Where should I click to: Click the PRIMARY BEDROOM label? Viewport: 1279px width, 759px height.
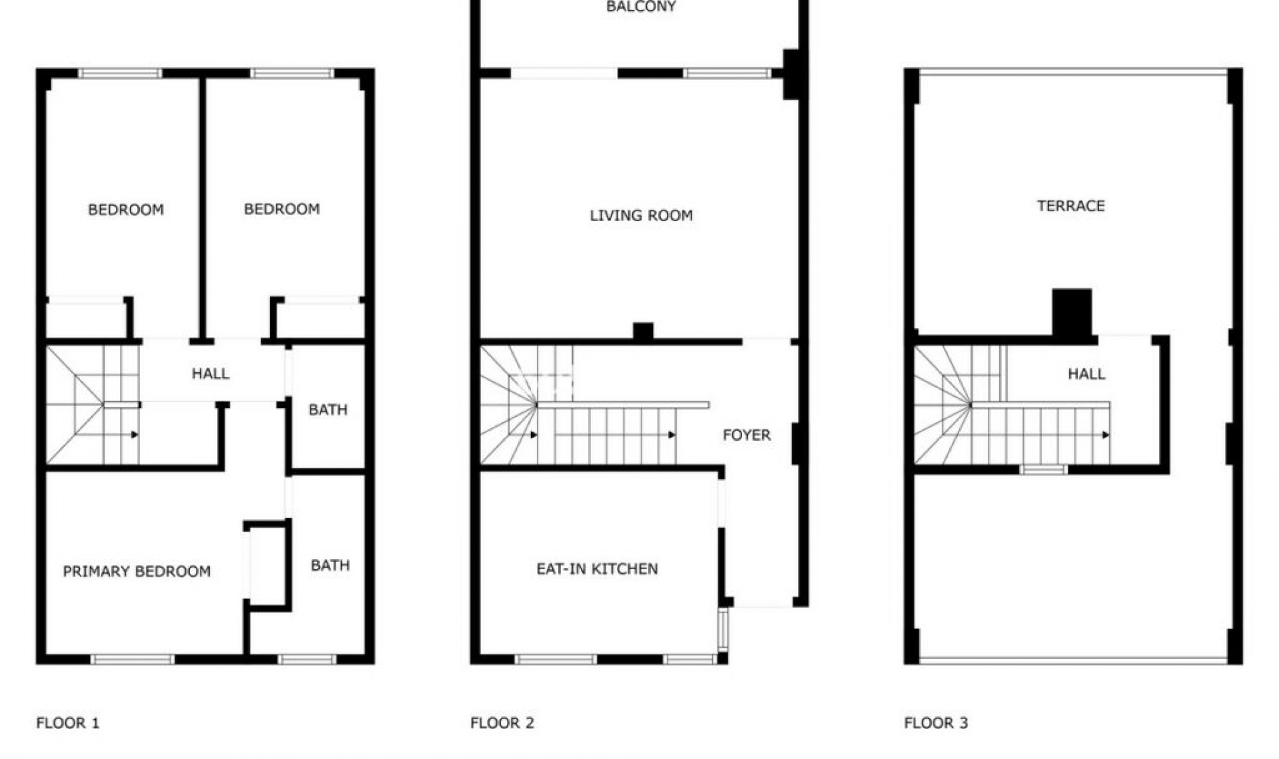point(137,571)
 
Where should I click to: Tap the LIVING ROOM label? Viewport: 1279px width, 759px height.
point(641,215)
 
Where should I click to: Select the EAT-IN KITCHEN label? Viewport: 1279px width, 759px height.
point(597,569)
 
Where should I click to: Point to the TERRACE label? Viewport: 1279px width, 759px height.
point(1070,206)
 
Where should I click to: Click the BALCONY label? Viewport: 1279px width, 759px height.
point(641,7)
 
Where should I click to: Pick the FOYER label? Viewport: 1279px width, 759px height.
point(746,435)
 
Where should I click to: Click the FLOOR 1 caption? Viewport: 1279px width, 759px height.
point(67,722)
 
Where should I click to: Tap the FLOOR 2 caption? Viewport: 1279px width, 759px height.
point(502,722)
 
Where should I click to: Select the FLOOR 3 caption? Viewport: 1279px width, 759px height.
point(935,722)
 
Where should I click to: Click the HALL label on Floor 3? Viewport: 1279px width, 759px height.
point(1086,374)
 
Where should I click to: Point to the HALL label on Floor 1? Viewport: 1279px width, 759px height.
point(211,374)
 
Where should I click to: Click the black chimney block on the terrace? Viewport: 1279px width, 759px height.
point(1071,312)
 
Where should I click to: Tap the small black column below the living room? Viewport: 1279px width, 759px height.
point(643,331)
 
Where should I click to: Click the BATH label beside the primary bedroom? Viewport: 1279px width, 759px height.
point(330,565)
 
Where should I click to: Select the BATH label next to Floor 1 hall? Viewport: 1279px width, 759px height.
point(328,409)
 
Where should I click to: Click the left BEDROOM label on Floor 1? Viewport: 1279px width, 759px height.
point(126,210)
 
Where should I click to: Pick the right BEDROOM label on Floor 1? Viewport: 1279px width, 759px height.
point(281,209)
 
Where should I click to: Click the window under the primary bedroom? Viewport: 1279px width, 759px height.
point(133,659)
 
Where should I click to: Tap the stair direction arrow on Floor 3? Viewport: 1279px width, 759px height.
point(1106,435)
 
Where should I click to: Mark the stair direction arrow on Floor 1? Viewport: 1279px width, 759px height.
point(135,435)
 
